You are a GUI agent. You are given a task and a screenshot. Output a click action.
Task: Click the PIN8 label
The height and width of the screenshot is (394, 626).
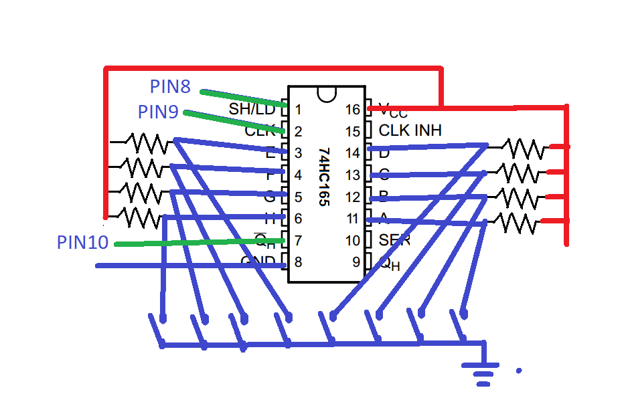[x=170, y=87]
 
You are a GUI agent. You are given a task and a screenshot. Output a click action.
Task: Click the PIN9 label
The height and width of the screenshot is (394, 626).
[x=158, y=112]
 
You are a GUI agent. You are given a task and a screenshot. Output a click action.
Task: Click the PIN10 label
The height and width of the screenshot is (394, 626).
[x=82, y=242]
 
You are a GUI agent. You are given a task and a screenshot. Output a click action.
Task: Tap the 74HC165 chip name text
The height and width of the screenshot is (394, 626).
[x=325, y=175]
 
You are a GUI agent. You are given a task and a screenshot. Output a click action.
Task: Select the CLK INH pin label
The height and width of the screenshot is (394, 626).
[x=410, y=130]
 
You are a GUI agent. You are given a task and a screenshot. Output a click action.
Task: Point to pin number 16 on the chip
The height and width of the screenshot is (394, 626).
[x=353, y=109]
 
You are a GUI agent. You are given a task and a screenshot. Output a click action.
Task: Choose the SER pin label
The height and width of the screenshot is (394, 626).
[x=394, y=239]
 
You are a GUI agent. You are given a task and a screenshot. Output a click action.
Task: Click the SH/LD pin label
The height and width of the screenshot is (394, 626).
[x=251, y=108]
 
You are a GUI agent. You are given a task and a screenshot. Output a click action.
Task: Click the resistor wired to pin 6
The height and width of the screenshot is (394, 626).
[x=141, y=217]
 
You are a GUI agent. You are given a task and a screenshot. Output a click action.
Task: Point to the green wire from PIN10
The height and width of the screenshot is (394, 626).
[x=201, y=242]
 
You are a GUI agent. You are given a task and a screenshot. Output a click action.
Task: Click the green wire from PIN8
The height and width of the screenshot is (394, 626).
[x=244, y=98]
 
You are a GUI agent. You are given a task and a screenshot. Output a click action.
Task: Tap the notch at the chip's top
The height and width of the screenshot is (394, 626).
[x=327, y=94]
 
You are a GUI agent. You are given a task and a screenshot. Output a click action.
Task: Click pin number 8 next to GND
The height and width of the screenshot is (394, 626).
[x=298, y=262]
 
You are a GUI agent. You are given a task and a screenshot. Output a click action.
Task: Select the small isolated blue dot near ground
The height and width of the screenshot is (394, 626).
[x=518, y=369]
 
